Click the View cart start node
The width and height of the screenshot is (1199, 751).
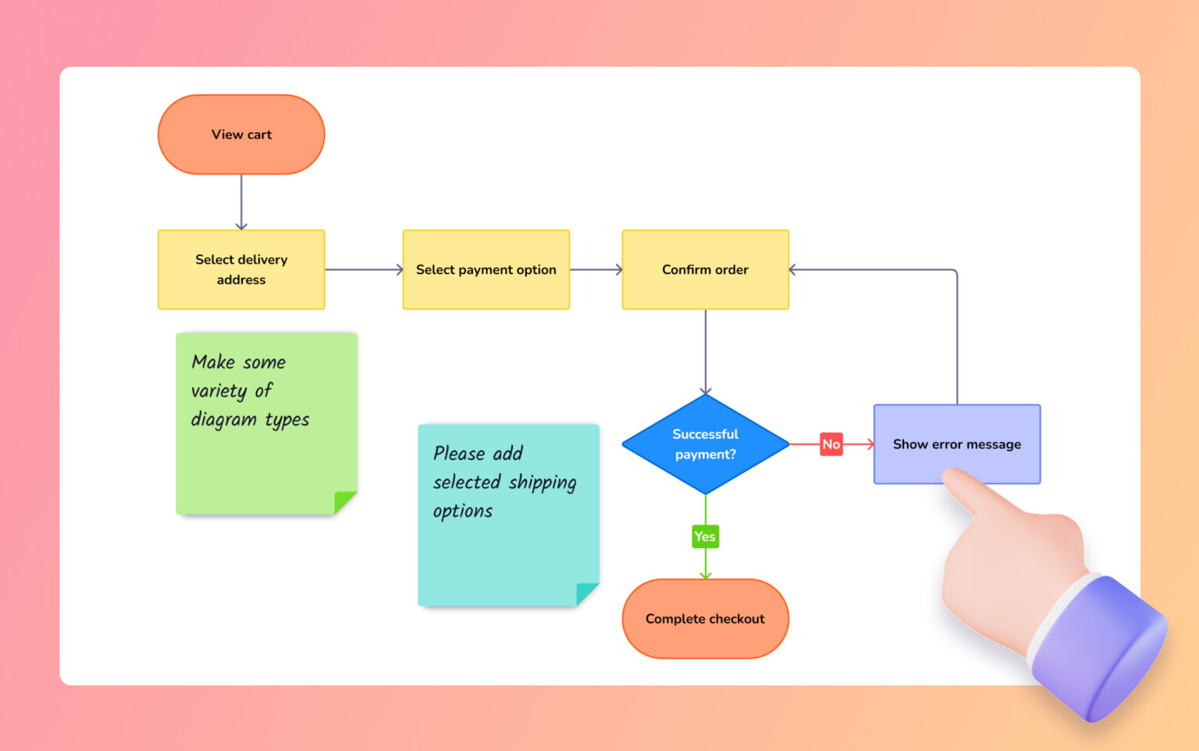pyautogui.click(x=241, y=134)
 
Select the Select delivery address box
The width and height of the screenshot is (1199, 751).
pyautogui.click(x=241, y=269)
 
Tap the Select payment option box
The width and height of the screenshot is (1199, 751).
pyautogui.click(x=486, y=269)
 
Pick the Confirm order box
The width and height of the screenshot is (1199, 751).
pyautogui.click(x=705, y=269)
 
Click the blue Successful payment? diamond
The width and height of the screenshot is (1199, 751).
pyautogui.click(x=705, y=444)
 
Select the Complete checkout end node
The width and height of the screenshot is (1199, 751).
pyautogui.click(x=705, y=618)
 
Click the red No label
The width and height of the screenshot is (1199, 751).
pyautogui.click(x=831, y=444)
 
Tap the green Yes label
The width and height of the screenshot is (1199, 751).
pyautogui.click(x=705, y=536)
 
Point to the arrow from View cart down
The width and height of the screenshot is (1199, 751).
pyautogui.click(x=241, y=201)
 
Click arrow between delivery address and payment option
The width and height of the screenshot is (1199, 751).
pyautogui.click(x=364, y=269)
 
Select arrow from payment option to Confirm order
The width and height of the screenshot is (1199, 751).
pyautogui.click(x=596, y=269)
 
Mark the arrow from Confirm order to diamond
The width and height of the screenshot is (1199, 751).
pyautogui.click(x=705, y=351)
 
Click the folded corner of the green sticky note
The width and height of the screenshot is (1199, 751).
pyautogui.click(x=344, y=501)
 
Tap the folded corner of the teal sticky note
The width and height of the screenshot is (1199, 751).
pyautogui.click(x=586, y=593)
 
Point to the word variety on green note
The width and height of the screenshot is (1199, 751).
pyautogui.click(x=219, y=390)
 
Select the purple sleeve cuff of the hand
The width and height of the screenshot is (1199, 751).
pyautogui.click(x=1101, y=648)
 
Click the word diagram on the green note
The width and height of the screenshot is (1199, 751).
pyautogui.click(x=224, y=419)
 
